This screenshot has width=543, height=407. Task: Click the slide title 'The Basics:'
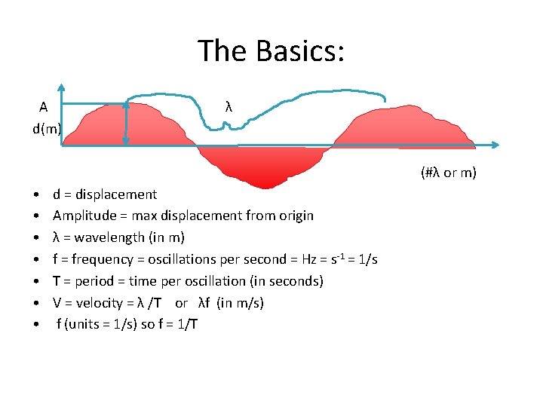(x=271, y=51)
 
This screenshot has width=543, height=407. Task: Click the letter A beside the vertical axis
(x=44, y=106)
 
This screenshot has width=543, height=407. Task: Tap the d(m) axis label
(x=47, y=128)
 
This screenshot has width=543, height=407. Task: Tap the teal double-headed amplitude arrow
(x=126, y=122)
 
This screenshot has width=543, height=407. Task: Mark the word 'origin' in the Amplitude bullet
(x=295, y=216)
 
